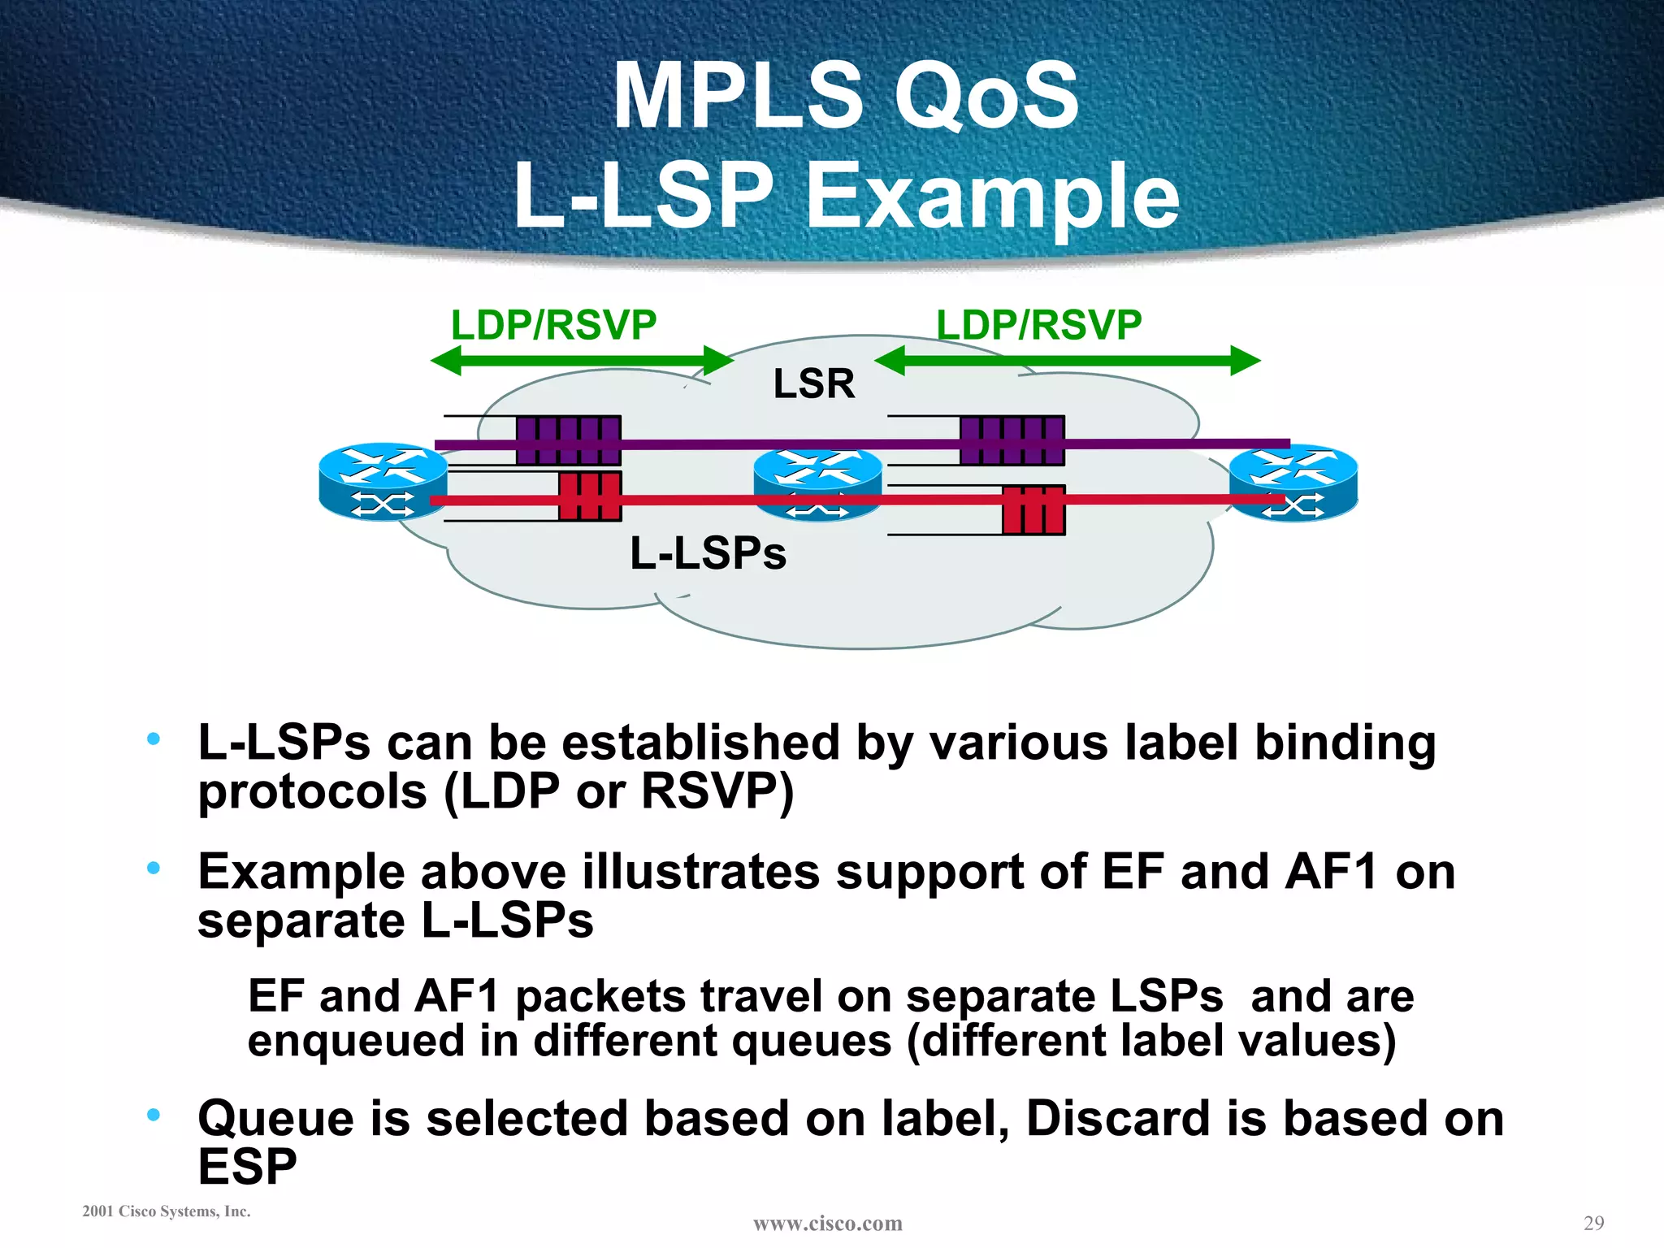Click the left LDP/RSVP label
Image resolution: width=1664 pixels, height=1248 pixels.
[x=553, y=326]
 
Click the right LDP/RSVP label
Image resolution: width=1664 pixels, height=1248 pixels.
[x=1038, y=326]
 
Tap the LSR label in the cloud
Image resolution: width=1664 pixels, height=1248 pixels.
[x=813, y=383]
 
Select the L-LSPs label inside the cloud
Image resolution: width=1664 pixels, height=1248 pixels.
[x=708, y=554]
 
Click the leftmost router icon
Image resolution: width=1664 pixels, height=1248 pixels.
[x=383, y=482]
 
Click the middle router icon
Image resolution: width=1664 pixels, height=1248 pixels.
[x=817, y=485]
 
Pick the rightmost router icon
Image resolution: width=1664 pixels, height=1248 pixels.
[x=1293, y=483]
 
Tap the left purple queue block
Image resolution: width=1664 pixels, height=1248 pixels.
[x=568, y=440]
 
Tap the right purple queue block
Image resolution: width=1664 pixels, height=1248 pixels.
[x=1012, y=440]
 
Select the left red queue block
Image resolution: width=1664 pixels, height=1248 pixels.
[x=590, y=496]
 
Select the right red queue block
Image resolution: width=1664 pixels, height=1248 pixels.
[x=1033, y=510]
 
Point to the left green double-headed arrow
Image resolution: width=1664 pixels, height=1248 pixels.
[x=582, y=361]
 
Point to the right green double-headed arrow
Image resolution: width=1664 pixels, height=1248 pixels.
[x=1067, y=361]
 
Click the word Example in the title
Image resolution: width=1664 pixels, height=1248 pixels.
[x=991, y=196]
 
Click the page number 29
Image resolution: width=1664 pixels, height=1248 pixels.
[x=1593, y=1223]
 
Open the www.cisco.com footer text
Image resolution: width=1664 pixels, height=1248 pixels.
[x=827, y=1223]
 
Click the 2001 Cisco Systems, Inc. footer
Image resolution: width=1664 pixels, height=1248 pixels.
[x=167, y=1211]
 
